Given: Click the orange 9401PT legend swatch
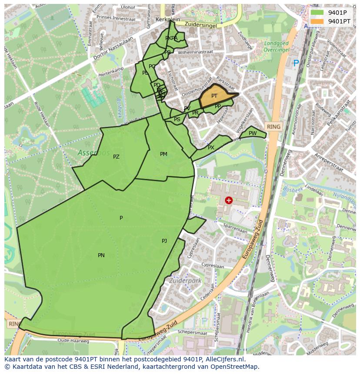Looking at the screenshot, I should (317, 21).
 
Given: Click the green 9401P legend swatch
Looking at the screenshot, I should (317, 13).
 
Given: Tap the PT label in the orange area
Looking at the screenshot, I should (214, 96).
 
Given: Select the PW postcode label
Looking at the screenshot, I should (253, 133).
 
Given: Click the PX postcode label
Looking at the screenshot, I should (211, 148).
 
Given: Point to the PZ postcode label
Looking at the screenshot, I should (116, 157).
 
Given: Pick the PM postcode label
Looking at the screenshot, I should (163, 154).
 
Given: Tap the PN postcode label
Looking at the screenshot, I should (101, 255).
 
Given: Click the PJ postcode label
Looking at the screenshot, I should (164, 241).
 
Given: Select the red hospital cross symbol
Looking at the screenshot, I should (229, 200).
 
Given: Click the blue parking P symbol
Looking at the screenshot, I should (296, 63).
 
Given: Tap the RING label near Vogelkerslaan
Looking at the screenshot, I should (274, 126).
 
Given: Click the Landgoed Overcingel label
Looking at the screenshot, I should (277, 46).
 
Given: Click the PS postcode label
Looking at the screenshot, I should (177, 119).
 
